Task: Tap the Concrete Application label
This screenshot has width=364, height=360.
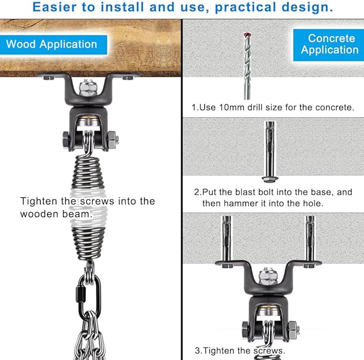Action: point(329,44)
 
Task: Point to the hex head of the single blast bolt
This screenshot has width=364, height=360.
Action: point(270,179)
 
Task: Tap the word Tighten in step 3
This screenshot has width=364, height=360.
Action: point(219,350)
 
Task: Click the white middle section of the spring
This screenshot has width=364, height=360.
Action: point(88,208)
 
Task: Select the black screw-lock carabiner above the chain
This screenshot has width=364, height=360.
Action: point(90,296)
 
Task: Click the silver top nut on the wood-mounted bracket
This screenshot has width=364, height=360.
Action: point(88,88)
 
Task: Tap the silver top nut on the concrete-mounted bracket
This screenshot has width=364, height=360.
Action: point(268,276)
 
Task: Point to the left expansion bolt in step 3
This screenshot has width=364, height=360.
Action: point(226,242)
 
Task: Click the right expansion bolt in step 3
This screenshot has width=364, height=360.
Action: point(310,242)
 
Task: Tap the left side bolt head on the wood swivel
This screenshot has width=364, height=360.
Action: point(66,139)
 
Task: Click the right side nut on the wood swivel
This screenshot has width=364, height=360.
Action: point(113,140)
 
